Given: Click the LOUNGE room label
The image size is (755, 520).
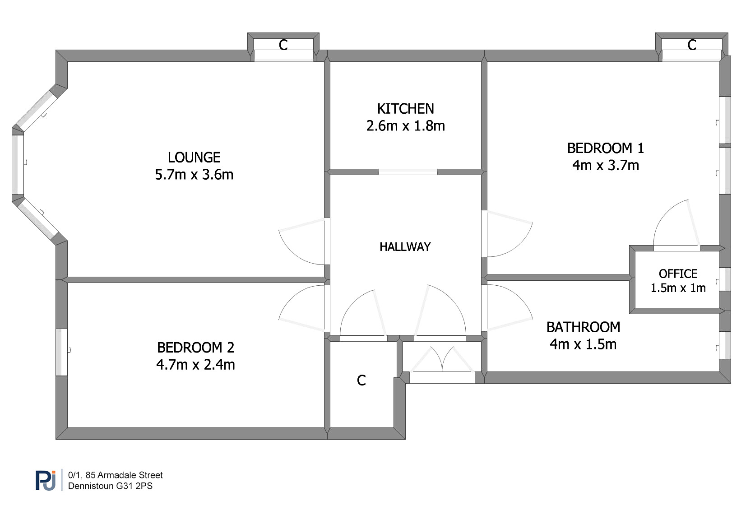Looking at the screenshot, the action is (194, 158).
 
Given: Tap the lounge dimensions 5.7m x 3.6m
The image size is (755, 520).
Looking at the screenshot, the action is (194, 175).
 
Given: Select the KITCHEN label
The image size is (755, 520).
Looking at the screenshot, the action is (405, 109).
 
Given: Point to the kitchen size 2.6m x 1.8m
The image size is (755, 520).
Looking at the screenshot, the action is (405, 126).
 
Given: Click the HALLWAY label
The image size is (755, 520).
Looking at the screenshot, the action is (405, 247).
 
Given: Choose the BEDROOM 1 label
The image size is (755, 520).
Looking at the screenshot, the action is (605, 148).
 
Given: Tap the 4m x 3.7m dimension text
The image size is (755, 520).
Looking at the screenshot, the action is (605, 165).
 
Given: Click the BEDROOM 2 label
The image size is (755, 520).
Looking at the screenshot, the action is (195, 348).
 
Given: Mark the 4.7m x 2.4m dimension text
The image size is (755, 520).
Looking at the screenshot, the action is (195, 365).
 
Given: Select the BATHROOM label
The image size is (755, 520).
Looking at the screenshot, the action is (583, 327).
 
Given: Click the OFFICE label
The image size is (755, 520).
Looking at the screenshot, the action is (678, 274).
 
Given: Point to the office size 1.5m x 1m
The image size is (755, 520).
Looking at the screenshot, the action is (678, 288).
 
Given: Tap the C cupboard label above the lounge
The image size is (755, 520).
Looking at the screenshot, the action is (283, 45).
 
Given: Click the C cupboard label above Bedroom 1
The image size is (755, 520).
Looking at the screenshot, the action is (692, 45).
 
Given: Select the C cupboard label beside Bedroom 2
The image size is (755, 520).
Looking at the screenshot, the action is (361, 381).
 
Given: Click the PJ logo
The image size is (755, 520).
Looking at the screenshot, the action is (46, 480).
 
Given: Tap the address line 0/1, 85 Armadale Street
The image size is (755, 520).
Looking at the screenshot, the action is (115, 475).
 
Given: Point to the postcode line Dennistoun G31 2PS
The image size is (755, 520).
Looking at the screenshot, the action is (110, 486).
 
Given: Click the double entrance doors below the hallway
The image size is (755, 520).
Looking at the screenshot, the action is (442, 361).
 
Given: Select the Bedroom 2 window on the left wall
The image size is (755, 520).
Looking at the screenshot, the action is (62, 353).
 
